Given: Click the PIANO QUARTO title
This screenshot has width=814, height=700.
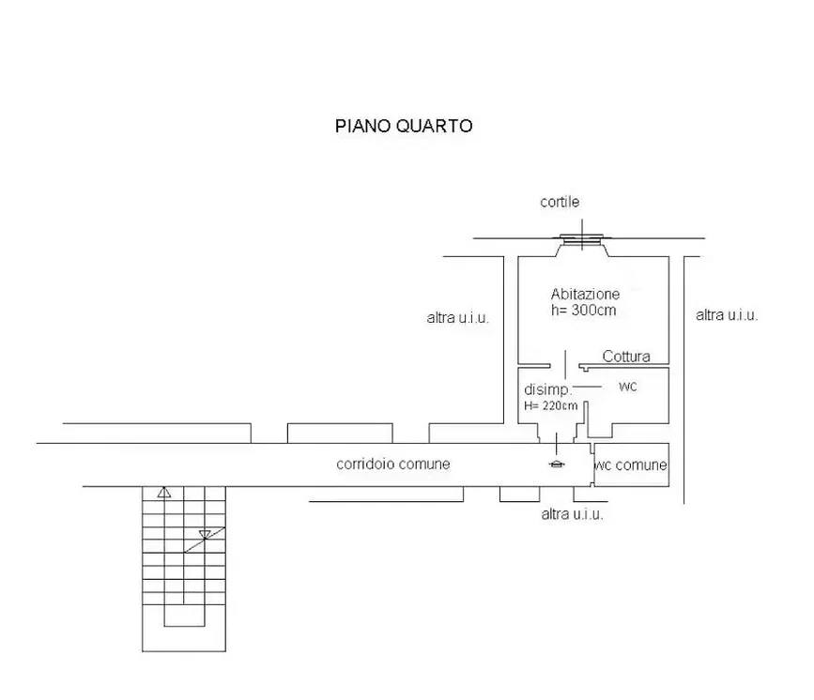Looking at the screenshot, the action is [404, 126].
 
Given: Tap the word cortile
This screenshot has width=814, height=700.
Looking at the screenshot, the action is [560, 202].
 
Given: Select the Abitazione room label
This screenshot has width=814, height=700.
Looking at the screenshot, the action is [585, 295].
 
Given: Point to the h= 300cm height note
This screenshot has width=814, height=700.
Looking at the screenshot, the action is [583, 311].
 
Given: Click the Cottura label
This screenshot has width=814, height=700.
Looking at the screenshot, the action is [626, 357].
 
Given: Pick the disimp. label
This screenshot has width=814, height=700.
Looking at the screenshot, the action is [547, 389].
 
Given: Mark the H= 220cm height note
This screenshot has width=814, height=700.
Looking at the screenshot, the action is [550, 405].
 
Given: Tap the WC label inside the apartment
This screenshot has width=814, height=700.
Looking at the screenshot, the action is [627, 387].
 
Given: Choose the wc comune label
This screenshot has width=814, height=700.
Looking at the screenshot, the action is [630, 464].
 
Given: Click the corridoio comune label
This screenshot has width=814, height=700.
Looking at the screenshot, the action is [393, 464].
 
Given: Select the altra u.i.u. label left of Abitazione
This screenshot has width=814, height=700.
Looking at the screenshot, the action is [458, 317].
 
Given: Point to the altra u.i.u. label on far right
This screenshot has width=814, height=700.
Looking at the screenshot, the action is [727, 315].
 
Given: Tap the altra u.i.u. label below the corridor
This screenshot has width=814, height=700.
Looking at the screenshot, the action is [572, 514].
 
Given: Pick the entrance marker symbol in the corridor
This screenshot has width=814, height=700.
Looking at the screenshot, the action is [557, 464].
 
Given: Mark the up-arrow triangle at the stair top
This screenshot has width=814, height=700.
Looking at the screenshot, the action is [164, 492].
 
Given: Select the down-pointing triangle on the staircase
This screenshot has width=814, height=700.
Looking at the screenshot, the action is [205, 535].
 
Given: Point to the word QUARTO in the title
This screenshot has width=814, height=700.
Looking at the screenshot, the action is [434, 126].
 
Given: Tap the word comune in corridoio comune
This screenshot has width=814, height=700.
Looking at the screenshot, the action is [424, 464].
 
